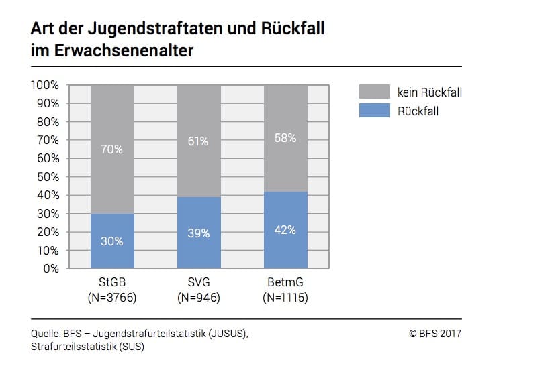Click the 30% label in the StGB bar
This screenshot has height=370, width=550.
pos(112,241)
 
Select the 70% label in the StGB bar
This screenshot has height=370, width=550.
pos(112,149)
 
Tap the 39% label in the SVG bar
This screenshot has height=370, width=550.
pos(199,233)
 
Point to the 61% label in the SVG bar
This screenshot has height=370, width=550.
pos(199,141)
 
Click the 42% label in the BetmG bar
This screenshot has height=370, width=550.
pos(285,230)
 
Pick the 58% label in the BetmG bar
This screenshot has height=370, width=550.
pos(285,139)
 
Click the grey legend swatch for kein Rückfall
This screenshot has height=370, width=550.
pos(375,92)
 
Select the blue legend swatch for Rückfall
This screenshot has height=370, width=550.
pos(375,111)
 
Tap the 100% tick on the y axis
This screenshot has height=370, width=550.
pos(46,85)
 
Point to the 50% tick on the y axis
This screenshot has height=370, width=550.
pos(48,177)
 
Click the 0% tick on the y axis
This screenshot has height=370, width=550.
pos(51,269)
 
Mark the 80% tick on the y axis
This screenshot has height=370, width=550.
pos(48,122)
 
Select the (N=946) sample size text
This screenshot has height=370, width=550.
pos(199,298)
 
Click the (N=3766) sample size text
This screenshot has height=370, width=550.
pos(112,298)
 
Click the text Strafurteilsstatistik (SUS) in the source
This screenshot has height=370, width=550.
pos(87,347)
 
